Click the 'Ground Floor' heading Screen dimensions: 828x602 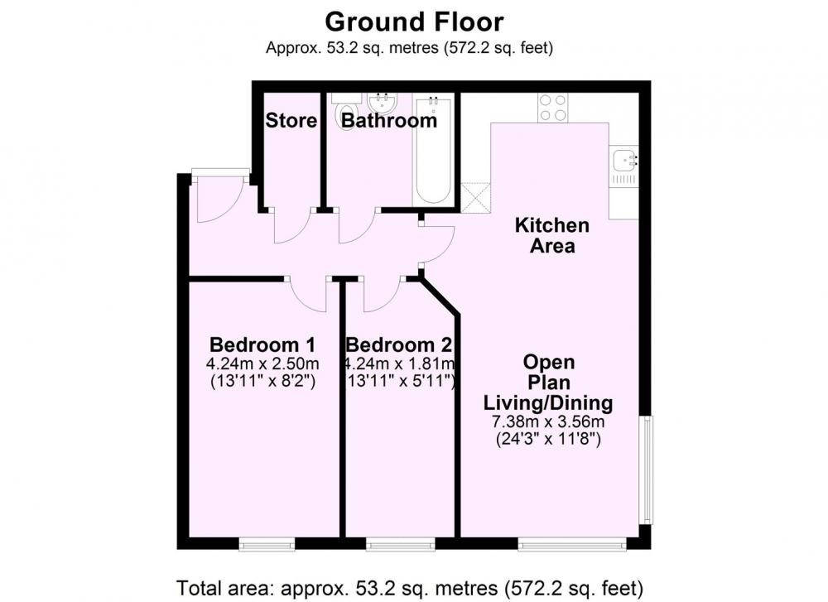(414, 22)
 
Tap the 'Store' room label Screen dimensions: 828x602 (291, 120)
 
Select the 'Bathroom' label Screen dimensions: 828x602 (389, 120)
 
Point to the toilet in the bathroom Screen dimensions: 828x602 (346, 113)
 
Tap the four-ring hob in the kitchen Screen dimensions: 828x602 (553, 108)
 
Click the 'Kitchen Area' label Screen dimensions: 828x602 (551, 235)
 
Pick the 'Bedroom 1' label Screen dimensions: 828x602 (262, 344)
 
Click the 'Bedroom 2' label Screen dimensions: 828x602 (399, 344)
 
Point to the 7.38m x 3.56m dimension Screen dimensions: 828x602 (548, 422)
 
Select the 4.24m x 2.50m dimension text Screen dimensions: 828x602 (262, 364)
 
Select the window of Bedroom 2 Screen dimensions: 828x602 (401, 544)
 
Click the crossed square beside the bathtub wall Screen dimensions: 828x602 (476, 198)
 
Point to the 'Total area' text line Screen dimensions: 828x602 (410, 588)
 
